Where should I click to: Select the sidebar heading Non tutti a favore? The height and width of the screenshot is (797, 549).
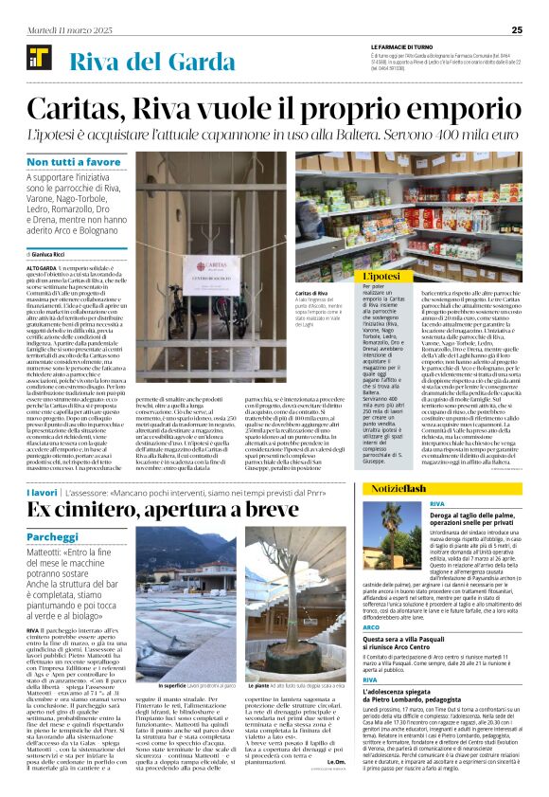tap(74, 162)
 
